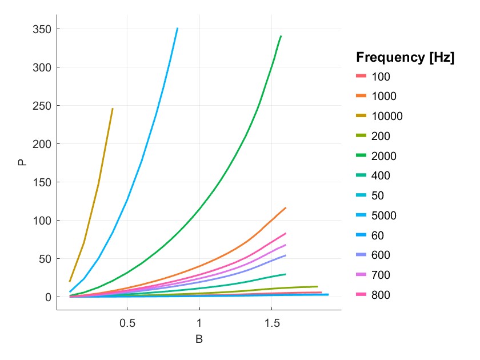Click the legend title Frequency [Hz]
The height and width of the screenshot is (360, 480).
click(x=405, y=57)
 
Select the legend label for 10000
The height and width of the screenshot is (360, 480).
click(x=387, y=117)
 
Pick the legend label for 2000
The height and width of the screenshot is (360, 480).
click(x=384, y=156)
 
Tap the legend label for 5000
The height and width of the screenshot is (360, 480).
click(x=384, y=215)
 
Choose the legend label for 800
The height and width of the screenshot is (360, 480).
click(x=381, y=295)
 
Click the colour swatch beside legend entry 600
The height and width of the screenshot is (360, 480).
click(x=361, y=255)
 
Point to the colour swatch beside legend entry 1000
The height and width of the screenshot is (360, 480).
click(x=361, y=97)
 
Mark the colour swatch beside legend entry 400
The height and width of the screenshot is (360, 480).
click(x=361, y=176)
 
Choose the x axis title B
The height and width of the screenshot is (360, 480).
click(x=199, y=339)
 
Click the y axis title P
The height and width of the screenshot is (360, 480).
click(x=22, y=162)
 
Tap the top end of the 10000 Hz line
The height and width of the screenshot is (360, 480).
click(x=113, y=109)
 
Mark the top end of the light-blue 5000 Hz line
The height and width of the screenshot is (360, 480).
click(x=177, y=28)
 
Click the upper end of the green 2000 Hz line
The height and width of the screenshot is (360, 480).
click(x=281, y=36)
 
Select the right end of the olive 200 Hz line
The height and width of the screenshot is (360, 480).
click(x=317, y=286)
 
